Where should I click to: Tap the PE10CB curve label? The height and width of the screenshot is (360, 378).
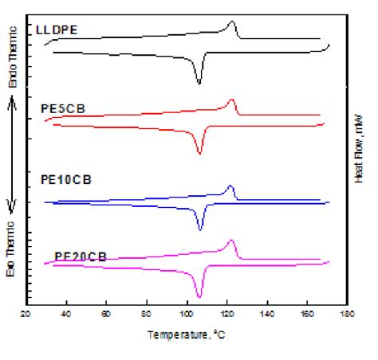click(x=65, y=180)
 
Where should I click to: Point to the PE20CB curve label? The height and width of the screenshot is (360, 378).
click(x=81, y=256)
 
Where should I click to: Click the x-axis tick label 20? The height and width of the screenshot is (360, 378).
click(x=26, y=314)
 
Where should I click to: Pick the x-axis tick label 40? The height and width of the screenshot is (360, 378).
click(x=65, y=314)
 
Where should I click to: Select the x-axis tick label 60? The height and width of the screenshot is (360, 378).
click(x=106, y=314)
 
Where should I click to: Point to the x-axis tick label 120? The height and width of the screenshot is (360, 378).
click(x=226, y=314)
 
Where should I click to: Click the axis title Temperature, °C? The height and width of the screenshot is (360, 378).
click(x=186, y=334)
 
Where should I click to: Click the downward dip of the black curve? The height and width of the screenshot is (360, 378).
click(x=199, y=83)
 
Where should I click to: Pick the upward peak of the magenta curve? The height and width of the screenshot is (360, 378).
click(x=231, y=241)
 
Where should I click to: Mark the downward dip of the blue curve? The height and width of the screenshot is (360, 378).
click(x=200, y=229)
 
